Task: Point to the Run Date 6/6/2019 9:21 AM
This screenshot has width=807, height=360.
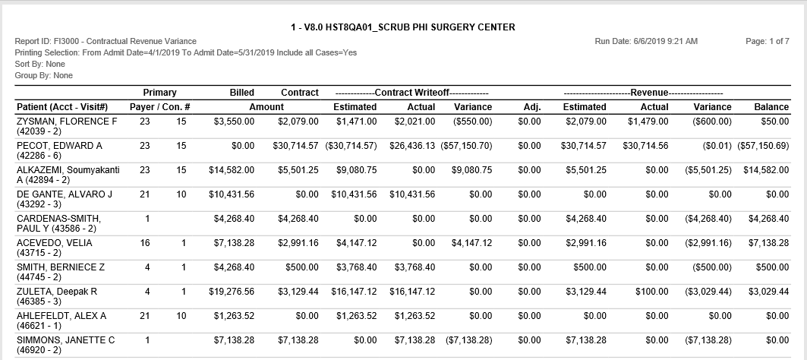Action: (646, 41)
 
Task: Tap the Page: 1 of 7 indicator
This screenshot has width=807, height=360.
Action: (768, 41)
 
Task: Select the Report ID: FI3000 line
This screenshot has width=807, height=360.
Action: (106, 41)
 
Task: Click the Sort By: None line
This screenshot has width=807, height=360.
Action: (40, 64)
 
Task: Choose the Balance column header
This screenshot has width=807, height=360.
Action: (771, 107)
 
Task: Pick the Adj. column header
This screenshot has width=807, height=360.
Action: (531, 107)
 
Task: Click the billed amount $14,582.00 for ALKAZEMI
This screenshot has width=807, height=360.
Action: (231, 170)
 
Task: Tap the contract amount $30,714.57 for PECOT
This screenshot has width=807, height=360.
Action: (295, 146)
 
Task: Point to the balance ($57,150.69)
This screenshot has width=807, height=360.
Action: (763, 146)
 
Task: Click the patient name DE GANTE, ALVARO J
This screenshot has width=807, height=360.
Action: (65, 194)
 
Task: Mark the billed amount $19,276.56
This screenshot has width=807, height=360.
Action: (231, 292)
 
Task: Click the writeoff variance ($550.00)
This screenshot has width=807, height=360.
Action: (472, 122)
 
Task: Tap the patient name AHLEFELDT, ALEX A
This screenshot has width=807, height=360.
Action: (61, 316)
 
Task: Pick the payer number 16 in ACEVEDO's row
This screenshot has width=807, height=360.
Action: (144, 242)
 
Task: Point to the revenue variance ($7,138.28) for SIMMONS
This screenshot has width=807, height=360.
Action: (708, 340)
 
